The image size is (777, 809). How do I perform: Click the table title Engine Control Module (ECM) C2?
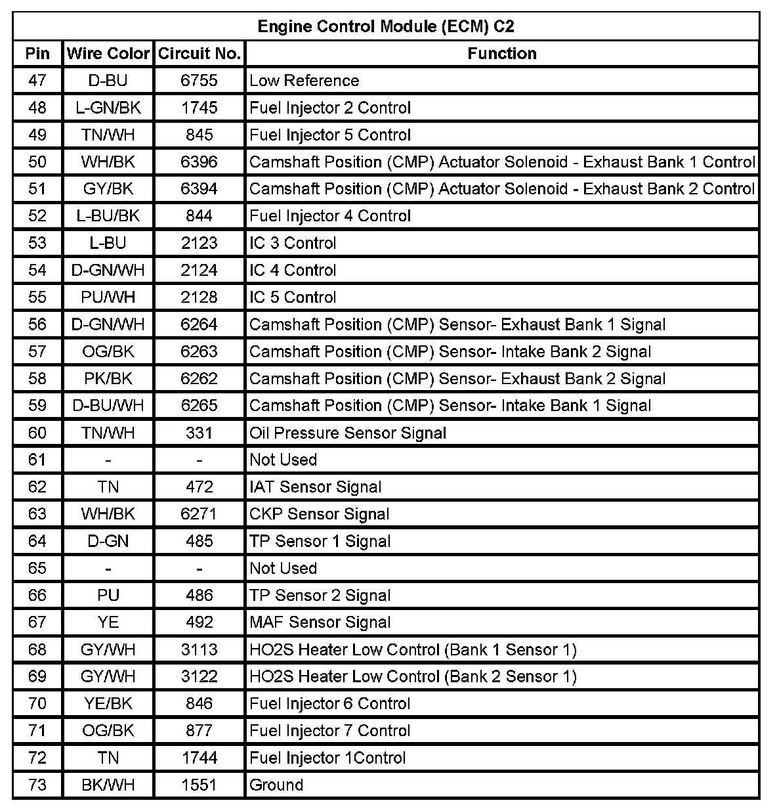pyautogui.click(x=386, y=26)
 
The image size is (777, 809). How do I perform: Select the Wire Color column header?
pyautogui.click(x=108, y=53)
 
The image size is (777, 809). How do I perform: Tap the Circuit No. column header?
pyautogui.click(x=199, y=53)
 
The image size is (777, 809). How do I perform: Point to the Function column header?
pyautogui.click(x=502, y=53)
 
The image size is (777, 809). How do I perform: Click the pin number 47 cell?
pyautogui.click(x=37, y=81)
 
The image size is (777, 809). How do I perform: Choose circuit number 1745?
pyautogui.click(x=199, y=108)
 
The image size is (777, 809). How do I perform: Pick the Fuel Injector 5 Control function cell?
pyautogui.click(x=330, y=135)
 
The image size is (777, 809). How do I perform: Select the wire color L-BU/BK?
pyautogui.click(x=108, y=216)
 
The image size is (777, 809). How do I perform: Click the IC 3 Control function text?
pyautogui.click(x=293, y=243)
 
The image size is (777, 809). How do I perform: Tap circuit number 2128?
pyautogui.click(x=199, y=297)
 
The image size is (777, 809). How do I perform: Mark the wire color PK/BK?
pyautogui.click(x=108, y=379)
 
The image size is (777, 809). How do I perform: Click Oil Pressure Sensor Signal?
pyautogui.click(x=348, y=433)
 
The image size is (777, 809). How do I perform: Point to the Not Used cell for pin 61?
pyautogui.click(x=283, y=460)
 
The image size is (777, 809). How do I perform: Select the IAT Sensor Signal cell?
pyautogui.click(x=316, y=487)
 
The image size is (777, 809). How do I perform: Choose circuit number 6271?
pyautogui.click(x=199, y=514)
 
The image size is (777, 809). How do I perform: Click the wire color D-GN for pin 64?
pyautogui.click(x=108, y=541)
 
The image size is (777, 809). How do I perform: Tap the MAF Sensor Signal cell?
pyautogui.click(x=320, y=623)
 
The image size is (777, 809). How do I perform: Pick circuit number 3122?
pyautogui.click(x=199, y=676)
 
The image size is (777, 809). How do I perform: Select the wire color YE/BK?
pyautogui.click(x=108, y=704)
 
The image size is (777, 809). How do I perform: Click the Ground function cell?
pyautogui.click(x=276, y=785)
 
